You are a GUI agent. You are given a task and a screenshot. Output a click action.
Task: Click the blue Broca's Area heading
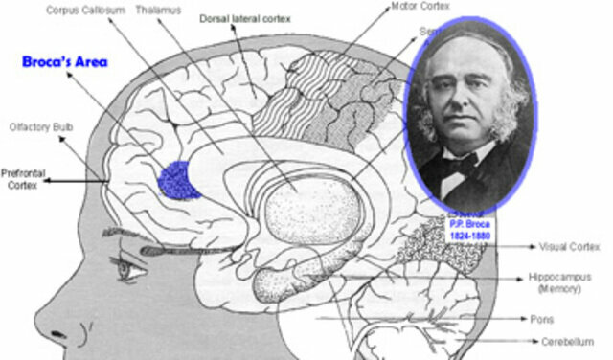(x=65, y=62)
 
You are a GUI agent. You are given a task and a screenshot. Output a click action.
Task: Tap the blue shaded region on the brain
(x=178, y=179)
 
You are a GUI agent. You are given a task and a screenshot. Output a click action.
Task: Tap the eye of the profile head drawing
(x=125, y=269)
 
